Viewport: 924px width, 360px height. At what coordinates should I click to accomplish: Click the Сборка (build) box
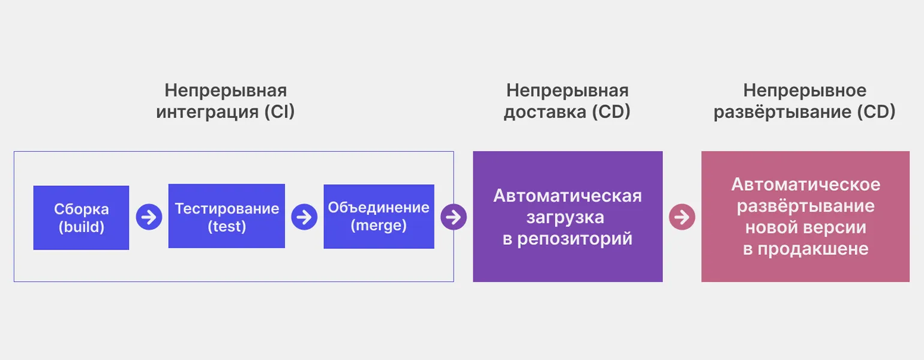click(81, 217)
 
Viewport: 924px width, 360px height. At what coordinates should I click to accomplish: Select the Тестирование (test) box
click(226, 216)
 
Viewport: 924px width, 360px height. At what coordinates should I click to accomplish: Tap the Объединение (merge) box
click(379, 216)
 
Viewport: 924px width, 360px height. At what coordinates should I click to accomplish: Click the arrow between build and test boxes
click(149, 217)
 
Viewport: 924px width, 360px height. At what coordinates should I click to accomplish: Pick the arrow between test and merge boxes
click(304, 217)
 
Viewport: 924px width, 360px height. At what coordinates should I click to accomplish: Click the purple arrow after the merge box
click(454, 217)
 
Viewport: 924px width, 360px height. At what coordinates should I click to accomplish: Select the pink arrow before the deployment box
click(682, 217)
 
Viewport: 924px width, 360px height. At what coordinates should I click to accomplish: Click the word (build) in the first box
click(81, 227)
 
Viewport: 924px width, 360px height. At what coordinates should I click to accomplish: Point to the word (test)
click(227, 227)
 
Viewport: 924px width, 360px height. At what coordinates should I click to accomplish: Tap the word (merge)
click(379, 226)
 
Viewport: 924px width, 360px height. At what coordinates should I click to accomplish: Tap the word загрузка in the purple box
click(567, 217)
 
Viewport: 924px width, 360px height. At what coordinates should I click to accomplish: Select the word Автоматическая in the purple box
click(567, 196)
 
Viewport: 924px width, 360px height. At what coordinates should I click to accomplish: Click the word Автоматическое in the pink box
click(805, 184)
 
